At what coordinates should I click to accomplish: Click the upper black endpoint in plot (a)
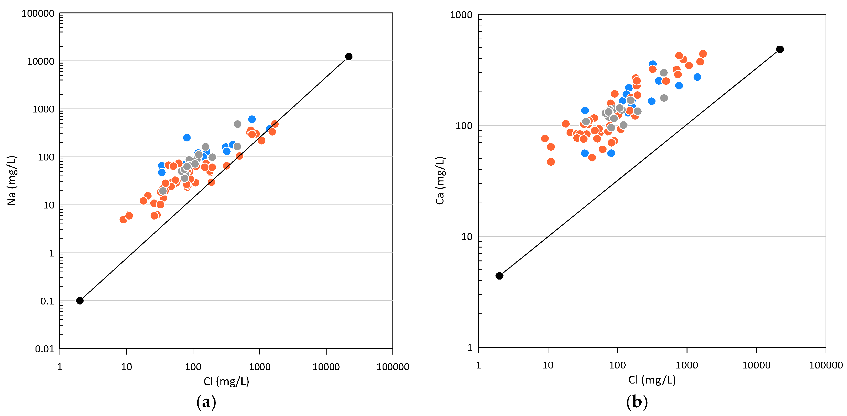(348, 56)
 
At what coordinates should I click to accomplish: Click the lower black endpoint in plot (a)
(80, 300)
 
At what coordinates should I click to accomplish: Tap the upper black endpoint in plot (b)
(780, 49)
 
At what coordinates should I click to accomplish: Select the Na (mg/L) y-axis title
(12, 180)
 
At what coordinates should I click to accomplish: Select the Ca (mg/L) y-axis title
(440, 180)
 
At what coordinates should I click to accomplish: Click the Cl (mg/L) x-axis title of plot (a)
(226, 381)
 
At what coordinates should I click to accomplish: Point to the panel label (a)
(206, 402)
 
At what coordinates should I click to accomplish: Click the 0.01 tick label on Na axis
(44, 349)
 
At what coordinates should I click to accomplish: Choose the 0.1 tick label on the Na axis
(47, 301)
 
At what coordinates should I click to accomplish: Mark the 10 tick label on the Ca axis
(467, 237)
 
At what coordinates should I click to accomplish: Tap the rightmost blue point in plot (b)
(697, 77)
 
